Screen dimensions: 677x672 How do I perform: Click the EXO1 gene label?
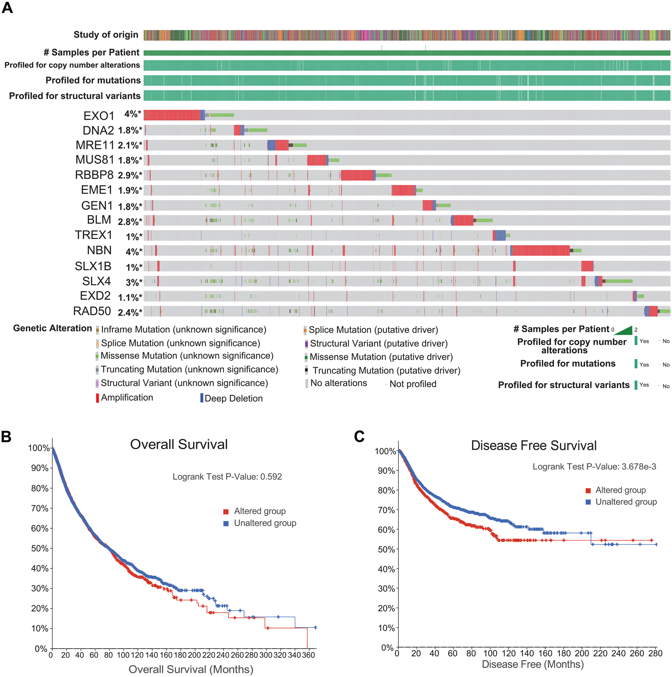coord(99,116)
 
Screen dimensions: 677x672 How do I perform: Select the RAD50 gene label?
coord(92,311)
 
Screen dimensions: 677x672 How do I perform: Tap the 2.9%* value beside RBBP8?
coord(130,175)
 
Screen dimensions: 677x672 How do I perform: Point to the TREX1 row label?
coord(93,235)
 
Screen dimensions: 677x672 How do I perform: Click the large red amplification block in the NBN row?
coord(540,250)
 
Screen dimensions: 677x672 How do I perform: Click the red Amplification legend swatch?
coord(97,398)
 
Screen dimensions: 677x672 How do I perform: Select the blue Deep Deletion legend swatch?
coord(202,398)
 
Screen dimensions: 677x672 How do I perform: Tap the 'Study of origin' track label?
coord(106,35)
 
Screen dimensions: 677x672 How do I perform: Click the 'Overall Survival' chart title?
coord(179,444)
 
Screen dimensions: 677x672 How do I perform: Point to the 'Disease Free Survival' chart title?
coord(533,445)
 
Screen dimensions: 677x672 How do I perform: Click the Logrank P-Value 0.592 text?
coord(227,477)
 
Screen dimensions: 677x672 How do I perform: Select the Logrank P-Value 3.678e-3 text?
coord(594,467)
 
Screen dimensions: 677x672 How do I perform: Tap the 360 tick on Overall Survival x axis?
coord(308,655)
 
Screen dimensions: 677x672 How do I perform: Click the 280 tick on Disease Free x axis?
coord(655,653)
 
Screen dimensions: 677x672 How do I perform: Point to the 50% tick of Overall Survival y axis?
coord(40,549)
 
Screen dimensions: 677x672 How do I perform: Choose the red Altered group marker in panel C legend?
coord(588,490)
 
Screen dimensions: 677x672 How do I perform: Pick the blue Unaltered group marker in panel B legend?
coord(226,524)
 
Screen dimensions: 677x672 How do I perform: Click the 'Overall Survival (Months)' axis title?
coord(191,669)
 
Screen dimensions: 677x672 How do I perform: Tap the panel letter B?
coord(6,437)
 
